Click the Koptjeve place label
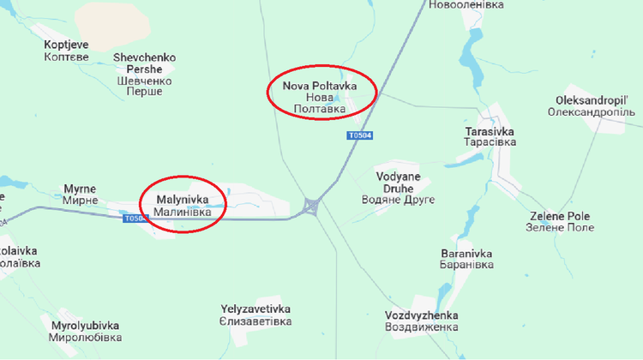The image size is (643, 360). click(x=66, y=50)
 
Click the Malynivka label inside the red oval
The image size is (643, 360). click(x=182, y=205)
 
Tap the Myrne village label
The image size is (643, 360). click(x=81, y=194)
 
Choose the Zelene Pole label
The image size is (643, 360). click(x=562, y=221)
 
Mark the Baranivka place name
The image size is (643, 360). click(x=466, y=259)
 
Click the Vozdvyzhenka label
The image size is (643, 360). click(x=422, y=321)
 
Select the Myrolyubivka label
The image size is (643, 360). click(x=85, y=332)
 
